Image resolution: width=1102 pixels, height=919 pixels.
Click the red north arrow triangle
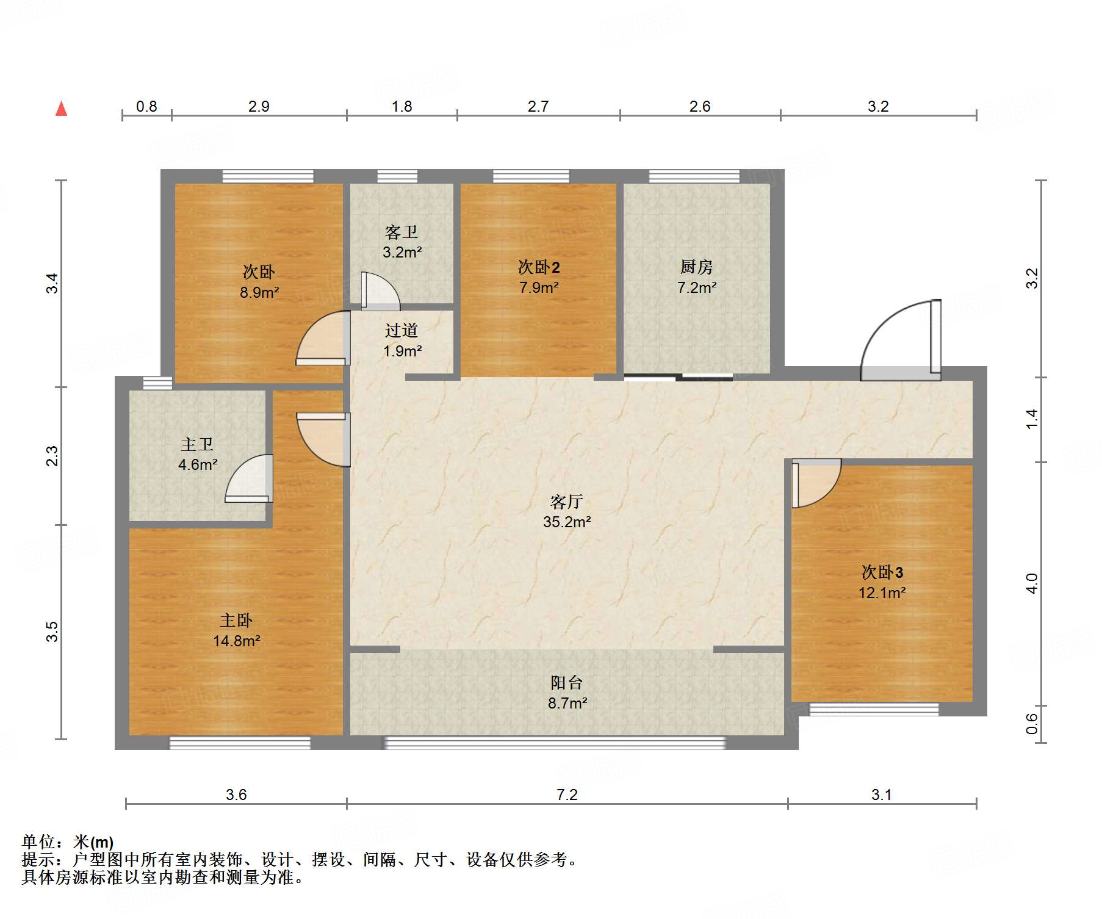point(61,109)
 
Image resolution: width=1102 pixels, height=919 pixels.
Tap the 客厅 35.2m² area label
point(567,511)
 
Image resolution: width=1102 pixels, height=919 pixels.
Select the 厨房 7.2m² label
point(696,276)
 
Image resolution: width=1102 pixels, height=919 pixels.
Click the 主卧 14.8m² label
point(236,630)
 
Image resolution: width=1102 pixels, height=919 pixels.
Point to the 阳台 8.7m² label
point(567,693)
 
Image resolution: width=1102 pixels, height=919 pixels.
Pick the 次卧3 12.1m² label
point(882,582)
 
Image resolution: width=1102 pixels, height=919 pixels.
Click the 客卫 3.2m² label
point(402,242)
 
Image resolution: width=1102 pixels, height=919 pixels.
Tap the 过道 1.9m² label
point(402,341)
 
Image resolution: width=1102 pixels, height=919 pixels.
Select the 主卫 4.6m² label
point(197,454)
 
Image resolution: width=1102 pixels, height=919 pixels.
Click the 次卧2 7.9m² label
point(539,276)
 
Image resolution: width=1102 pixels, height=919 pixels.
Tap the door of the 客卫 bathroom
point(378,292)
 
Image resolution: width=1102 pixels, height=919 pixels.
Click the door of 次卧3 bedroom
point(815,483)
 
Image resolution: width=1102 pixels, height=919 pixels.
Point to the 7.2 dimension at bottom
point(567,795)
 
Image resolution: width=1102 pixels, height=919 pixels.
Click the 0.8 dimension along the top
point(146,106)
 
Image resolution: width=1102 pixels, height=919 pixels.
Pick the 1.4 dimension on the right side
point(1031,419)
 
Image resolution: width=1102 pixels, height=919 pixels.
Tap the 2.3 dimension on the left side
point(52,456)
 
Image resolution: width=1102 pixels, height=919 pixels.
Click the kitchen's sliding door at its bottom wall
point(679,377)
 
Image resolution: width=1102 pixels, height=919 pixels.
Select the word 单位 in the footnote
point(38,842)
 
